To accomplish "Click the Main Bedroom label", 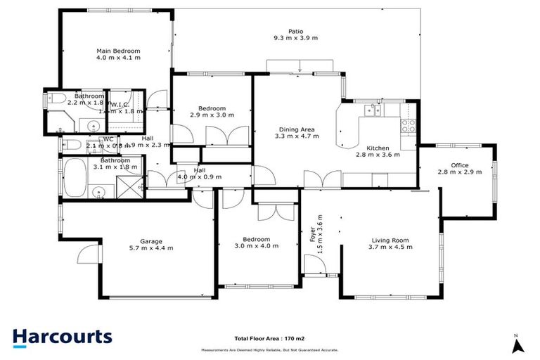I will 118,51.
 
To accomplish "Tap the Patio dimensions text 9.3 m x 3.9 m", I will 295,39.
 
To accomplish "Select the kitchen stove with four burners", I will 408,127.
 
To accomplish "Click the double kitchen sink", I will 371,110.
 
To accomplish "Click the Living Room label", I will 390,240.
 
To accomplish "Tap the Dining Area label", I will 296,129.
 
